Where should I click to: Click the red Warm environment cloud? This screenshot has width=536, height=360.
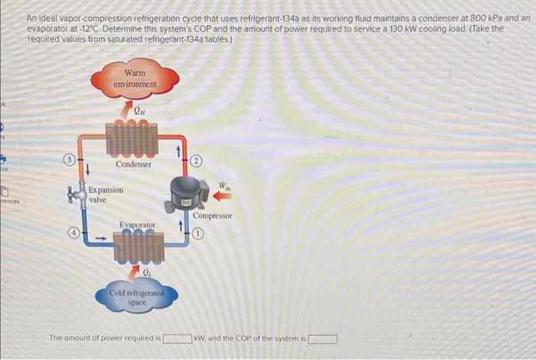click(x=135, y=78)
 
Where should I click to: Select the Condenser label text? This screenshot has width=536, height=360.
click(x=134, y=165)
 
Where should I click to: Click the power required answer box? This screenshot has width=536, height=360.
click(x=176, y=338)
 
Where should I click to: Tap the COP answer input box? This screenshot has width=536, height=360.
click(x=322, y=338)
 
